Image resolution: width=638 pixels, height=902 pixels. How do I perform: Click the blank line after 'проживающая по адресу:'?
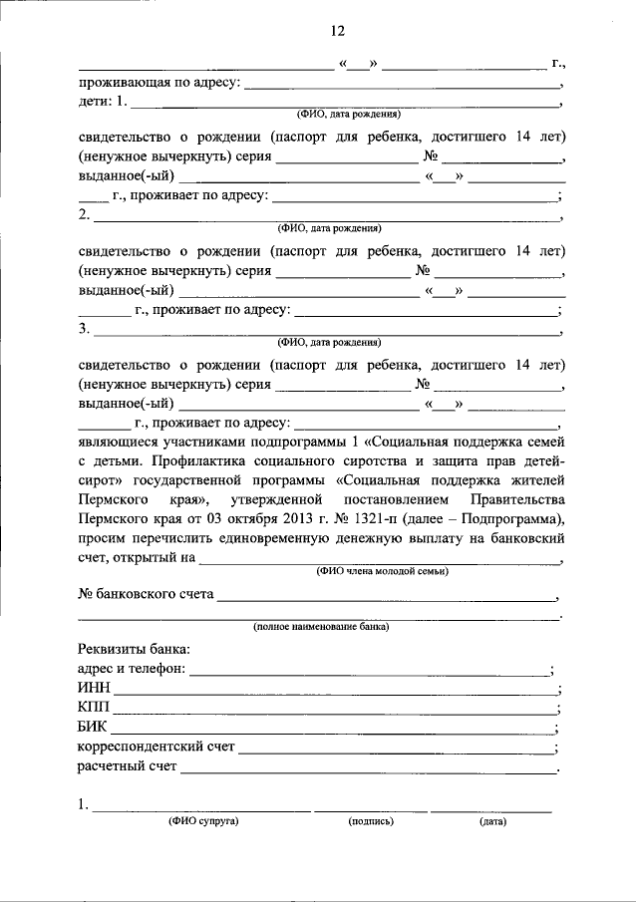[404, 86]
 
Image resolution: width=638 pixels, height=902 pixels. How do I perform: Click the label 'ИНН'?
[92, 689]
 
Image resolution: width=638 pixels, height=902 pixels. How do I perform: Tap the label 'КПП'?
[93, 708]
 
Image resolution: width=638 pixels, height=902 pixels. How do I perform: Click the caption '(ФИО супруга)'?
[203, 822]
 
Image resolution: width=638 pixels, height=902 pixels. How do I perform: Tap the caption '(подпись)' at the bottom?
[371, 822]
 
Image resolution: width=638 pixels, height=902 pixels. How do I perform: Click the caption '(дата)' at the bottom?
[492, 822]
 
